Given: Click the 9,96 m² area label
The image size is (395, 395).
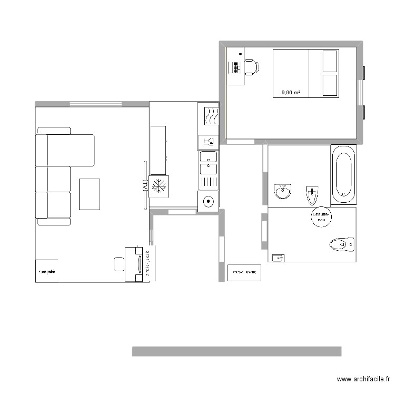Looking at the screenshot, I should point(291,93).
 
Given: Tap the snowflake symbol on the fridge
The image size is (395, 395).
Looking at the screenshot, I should point(159,185).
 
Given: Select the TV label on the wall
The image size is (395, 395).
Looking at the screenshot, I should point(144,185).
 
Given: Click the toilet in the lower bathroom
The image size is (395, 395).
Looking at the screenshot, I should point(341,244).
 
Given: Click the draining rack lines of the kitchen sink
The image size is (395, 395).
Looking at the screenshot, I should point(209,182).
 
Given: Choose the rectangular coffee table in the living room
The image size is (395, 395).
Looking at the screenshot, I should point(90,194).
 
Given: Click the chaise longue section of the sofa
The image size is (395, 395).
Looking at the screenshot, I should point(71,150).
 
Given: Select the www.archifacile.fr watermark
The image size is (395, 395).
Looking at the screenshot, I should point(363,379).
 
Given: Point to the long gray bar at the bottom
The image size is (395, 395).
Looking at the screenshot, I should point(236,351).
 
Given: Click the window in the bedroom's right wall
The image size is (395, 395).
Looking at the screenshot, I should point(361,93).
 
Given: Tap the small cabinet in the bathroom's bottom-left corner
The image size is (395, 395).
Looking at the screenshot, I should point(277,258).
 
